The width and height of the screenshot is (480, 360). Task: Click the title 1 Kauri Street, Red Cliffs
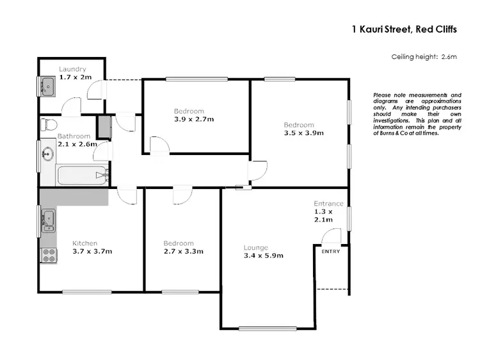tap(404, 29)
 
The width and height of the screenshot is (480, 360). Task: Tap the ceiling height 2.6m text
tap(424, 57)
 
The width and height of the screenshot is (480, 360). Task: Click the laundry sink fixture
tap(47, 85)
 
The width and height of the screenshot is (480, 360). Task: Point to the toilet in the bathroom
tap(49, 124)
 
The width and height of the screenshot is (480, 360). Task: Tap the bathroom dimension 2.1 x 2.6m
tap(77, 144)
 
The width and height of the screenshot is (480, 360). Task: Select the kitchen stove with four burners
tap(49, 255)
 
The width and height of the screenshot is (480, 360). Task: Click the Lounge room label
tap(256, 247)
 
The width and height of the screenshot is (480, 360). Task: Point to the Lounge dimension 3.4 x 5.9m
tap(263, 256)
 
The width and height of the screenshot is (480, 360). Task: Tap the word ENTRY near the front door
tap(331, 251)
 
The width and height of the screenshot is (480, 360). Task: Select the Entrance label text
tap(328, 204)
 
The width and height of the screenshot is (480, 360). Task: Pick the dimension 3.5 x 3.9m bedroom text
tap(304, 133)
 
